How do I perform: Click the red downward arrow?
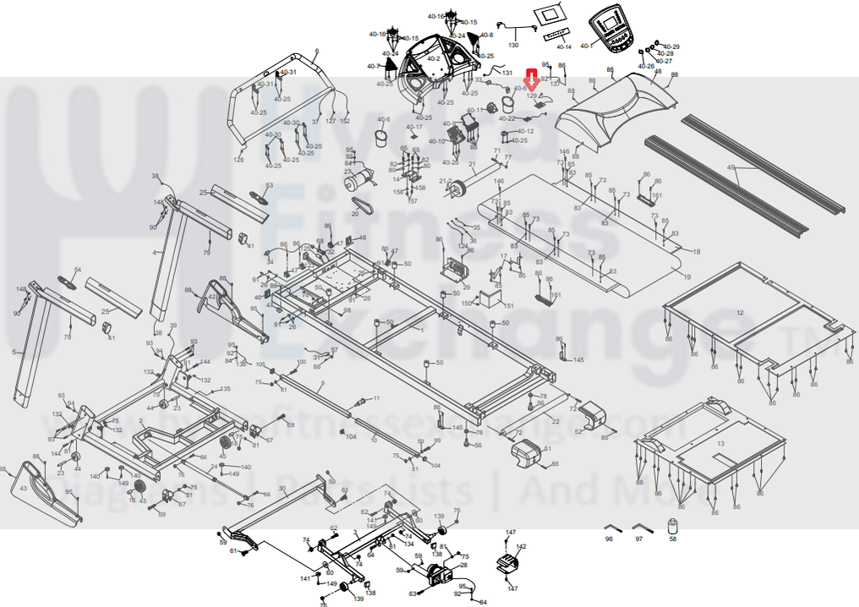532,79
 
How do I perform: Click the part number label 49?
731,168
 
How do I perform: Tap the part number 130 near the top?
513,44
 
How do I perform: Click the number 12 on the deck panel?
740,313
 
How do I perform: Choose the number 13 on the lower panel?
720,443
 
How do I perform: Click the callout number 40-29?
670,46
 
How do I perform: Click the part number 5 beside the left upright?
14,352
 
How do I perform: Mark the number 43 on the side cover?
23,489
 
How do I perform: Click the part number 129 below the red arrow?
533,96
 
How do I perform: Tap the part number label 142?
521,547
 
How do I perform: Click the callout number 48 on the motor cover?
659,72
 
